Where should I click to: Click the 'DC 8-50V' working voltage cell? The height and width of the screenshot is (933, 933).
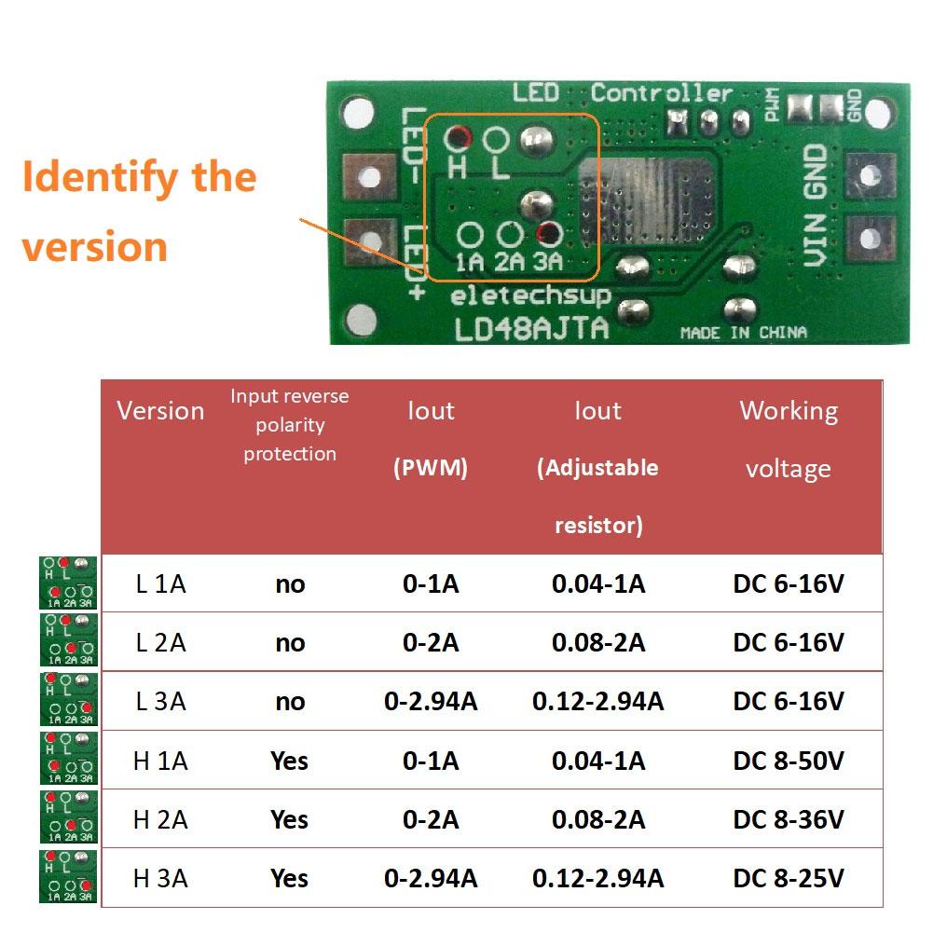click(789, 761)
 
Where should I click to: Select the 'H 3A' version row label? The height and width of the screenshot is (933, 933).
click(160, 878)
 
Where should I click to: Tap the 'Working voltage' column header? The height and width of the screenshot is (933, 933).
click(789, 439)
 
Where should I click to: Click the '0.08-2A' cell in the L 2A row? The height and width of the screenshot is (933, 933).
click(597, 642)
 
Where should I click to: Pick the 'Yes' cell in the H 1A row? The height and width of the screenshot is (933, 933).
click(289, 761)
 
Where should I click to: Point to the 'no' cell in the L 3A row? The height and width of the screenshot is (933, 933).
click(290, 702)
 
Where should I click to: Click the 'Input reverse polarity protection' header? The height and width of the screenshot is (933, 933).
click(289, 425)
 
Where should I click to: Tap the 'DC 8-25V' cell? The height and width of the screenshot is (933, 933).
click(789, 878)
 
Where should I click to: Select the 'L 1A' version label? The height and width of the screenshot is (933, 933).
click(160, 584)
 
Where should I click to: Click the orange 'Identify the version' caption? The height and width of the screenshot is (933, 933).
click(140, 212)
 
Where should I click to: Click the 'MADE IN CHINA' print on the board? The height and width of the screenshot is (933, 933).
click(743, 333)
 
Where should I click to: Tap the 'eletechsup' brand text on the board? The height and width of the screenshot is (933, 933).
click(530, 296)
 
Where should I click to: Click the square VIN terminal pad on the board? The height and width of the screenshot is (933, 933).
click(871, 240)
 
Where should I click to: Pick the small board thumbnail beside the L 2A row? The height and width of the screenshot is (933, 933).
click(68, 642)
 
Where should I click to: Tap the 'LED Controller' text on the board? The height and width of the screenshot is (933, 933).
click(622, 93)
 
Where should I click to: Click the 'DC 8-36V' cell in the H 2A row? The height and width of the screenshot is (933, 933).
click(789, 820)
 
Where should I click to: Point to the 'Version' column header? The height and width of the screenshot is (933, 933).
click(160, 411)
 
